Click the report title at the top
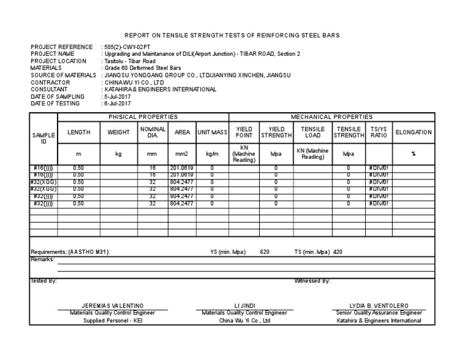[232, 36]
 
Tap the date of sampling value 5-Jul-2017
[117, 96]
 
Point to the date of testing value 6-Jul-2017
[117, 104]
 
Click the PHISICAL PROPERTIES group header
[143, 117]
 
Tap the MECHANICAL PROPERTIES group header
[332, 117]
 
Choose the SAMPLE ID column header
[44, 137]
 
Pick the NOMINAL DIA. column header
[153, 132]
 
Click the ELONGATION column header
[414, 132]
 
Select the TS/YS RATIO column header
[379, 132]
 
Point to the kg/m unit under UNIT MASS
[212, 154]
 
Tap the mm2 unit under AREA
[182, 154]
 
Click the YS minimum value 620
[265, 251]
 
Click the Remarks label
[42, 259]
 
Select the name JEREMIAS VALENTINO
[113, 305]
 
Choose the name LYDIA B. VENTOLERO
[379, 305]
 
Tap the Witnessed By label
[312, 281]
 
